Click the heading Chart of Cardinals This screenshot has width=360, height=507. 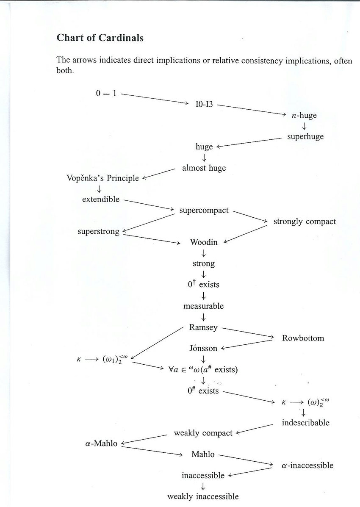pos(100,38)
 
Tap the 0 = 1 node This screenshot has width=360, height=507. pos(106,93)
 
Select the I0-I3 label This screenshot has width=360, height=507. pos(204,104)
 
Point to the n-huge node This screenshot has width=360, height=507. pos(304,115)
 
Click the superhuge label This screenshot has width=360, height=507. pos(305,136)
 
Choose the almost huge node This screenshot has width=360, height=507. pos(204,168)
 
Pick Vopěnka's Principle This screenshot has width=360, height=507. pos(102,178)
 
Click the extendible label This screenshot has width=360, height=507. pos(101,199)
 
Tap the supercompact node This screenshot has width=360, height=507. pos(204,210)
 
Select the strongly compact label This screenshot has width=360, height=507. pos(305,221)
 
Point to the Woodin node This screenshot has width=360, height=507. pos(204,242)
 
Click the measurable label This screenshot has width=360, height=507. pos(203,306)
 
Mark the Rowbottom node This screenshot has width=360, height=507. pos(303,338)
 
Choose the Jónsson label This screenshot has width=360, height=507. pos(203,349)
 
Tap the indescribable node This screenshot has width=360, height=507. pos(305,423)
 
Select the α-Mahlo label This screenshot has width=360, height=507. pos(101,444)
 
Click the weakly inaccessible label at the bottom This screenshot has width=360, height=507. pos(203,496)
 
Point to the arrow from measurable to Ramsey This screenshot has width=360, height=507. pos(204,316)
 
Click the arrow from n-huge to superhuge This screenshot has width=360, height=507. pos(304,126)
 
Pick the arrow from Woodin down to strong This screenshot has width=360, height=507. pos(204,253)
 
